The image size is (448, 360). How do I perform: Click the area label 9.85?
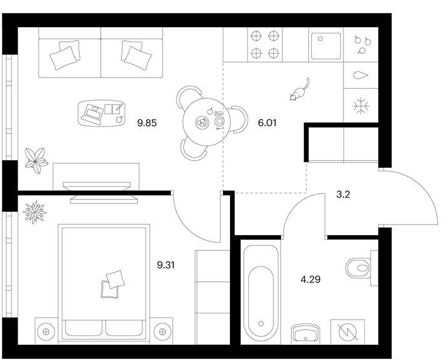tap(147, 123)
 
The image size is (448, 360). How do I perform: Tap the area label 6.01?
tap(267, 123)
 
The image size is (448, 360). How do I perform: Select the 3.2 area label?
tap(343, 195)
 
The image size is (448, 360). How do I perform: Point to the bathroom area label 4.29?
tap(311, 279)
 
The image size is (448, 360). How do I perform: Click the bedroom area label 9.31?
tap(166, 265)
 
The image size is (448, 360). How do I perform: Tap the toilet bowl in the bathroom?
tap(359, 268)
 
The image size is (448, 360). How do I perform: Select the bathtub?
tap(261, 294)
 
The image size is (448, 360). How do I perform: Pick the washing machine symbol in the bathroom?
tap(348, 332)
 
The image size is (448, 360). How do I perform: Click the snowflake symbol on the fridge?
tap(361, 106)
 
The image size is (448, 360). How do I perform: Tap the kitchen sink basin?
tap(326, 46)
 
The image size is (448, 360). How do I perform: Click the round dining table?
tap(206, 122)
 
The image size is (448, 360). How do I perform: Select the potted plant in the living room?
tap(36, 161)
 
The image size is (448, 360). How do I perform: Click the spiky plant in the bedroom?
tap(35, 212)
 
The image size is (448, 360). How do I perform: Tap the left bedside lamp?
tap(46, 332)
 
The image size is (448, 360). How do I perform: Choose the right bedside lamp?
tap(162, 332)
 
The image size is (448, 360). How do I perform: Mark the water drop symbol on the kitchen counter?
tap(361, 76)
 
